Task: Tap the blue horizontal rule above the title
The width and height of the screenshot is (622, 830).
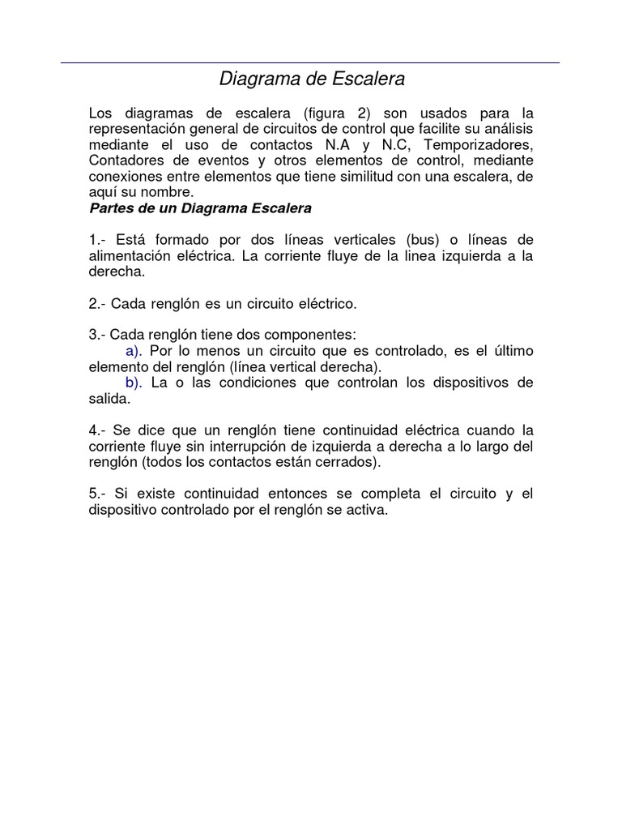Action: coord(310,62)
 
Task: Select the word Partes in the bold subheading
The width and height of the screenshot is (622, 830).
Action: coord(111,208)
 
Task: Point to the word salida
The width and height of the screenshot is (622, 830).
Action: coord(109,399)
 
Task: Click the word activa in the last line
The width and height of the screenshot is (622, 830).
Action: coord(368,511)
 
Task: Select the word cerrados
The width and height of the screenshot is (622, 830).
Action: coord(349,462)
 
